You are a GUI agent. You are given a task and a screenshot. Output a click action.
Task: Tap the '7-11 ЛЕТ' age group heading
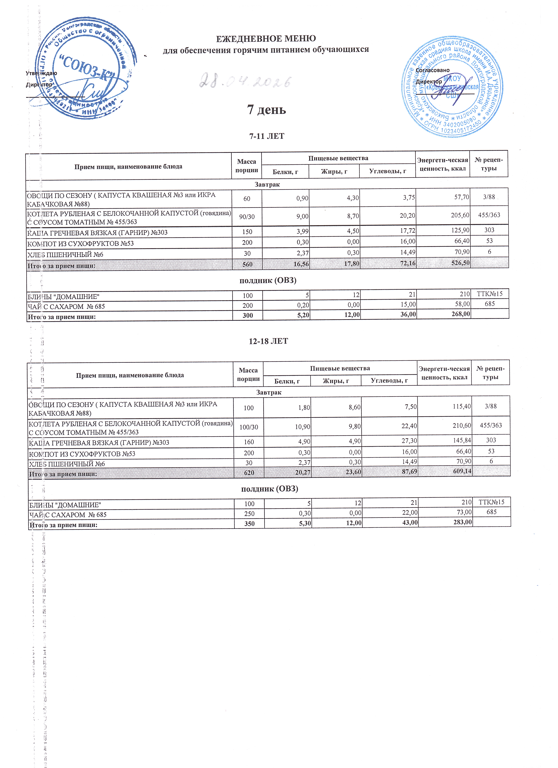point(266,136)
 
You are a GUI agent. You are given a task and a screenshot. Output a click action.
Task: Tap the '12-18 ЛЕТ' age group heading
point(268,341)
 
